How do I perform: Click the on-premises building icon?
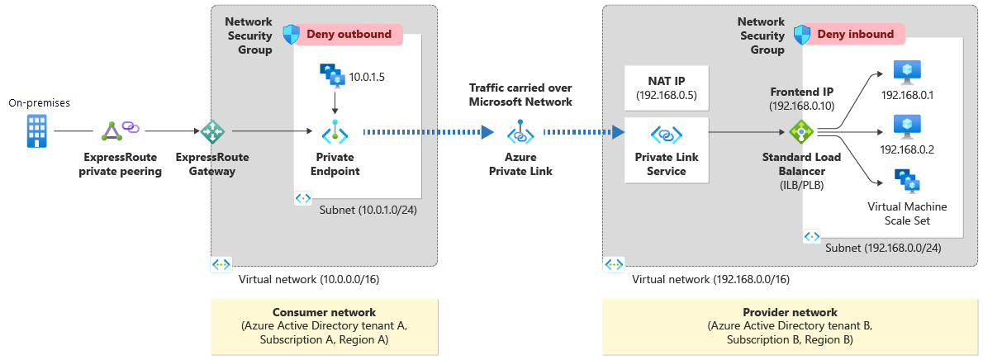pyautogui.click(x=36, y=130)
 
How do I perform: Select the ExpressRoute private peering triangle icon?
pyautogui.click(x=112, y=130)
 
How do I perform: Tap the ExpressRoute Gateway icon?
pyautogui.click(x=212, y=130)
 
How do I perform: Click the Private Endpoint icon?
pyautogui.click(x=335, y=131)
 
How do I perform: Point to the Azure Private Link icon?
pyautogui.click(x=520, y=131)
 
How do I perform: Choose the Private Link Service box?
pyautogui.click(x=666, y=149)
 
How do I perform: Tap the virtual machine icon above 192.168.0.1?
pyautogui.click(x=907, y=72)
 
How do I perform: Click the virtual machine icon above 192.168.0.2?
pyautogui.click(x=907, y=126)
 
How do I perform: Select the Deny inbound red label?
pyautogui.click(x=856, y=34)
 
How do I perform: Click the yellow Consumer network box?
pyautogui.click(x=323, y=325)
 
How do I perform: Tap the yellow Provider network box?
pyautogui.click(x=790, y=325)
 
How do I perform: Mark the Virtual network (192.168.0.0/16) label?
pyautogui.click(x=710, y=279)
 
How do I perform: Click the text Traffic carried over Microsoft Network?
pyautogui.click(x=520, y=94)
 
